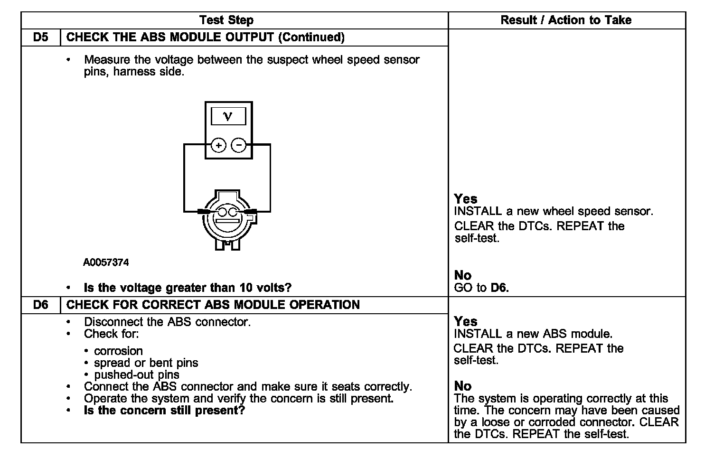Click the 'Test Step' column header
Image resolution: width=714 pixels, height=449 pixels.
tap(226, 20)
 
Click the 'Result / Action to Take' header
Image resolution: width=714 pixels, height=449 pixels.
tap(566, 20)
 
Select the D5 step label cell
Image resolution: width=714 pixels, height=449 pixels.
tap(41, 37)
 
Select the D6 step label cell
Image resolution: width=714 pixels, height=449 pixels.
tap(41, 305)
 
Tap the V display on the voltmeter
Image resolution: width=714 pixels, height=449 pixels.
tap(228, 116)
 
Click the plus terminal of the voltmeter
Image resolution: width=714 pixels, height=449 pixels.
tap(218, 145)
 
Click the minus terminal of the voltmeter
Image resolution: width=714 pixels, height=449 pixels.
tap(239, 145)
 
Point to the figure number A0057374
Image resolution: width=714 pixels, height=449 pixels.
tap(106, 262)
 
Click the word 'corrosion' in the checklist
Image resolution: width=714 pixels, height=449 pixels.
tap(118, 351)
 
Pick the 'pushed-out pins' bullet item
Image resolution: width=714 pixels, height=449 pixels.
tap(137, 375)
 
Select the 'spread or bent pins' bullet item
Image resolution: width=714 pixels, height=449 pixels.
tap(146, 363)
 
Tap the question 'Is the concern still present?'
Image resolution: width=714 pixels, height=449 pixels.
tap(164, 411)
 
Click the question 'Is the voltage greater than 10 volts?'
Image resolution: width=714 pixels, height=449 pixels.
tap(188, 288)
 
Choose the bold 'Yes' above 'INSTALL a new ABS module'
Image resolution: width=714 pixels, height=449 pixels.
tap(466, 321)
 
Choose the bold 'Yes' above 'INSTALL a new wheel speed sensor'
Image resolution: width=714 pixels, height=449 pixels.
tap(466, 199)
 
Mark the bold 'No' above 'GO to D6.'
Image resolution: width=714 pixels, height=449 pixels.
tap(463, 275)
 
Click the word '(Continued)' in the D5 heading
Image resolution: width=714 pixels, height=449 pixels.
tap(311, 37)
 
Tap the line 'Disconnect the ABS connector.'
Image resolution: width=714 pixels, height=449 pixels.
tap(167, 322)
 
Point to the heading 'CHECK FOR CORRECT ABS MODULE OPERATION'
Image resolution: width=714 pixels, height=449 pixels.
tap(213, 305)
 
